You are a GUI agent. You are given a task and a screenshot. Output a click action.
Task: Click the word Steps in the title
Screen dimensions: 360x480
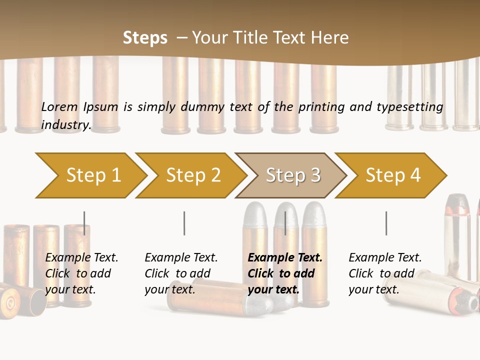(145, 38)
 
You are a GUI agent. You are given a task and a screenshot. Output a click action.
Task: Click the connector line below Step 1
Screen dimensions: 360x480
(84, 223)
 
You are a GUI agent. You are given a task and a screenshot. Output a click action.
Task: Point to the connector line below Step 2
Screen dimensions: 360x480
(184, 223)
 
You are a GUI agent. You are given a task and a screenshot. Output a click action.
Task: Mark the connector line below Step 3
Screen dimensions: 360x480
(285, 223)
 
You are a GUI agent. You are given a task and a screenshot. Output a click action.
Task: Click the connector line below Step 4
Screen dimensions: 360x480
(386, 223)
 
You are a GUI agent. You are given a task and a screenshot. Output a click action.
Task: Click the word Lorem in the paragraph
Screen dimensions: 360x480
(59, 106)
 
